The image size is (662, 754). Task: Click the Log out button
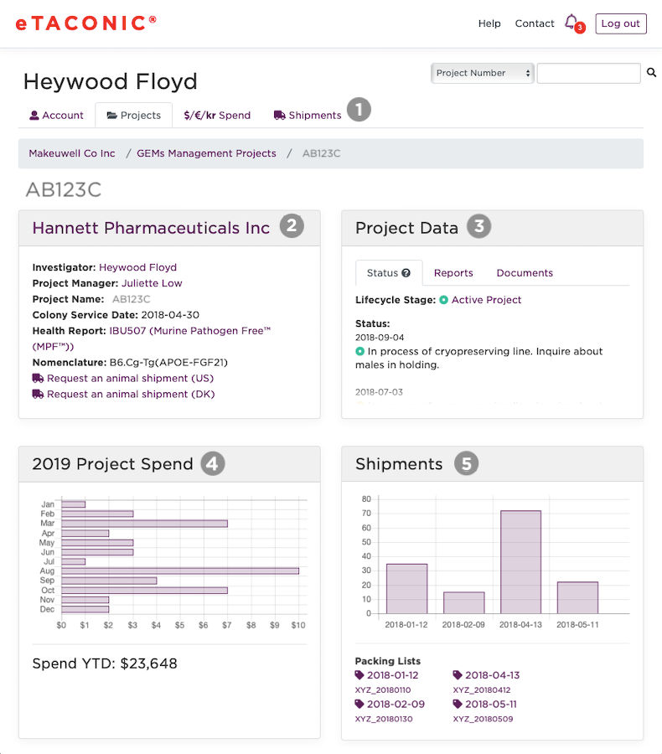(620, 23)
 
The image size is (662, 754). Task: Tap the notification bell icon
(571, 22)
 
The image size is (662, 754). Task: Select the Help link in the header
(489, 23)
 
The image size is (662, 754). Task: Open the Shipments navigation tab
(308, 116)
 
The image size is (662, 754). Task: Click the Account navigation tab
(56, 116)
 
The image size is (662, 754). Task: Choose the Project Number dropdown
(484, 73)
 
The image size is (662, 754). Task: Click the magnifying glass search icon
(652, 74)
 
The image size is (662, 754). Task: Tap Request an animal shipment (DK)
(131, 394)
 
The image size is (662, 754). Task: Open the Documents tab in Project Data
(525, 273)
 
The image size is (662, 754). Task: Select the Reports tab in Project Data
(453, 273)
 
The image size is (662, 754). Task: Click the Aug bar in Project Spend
(180, 571)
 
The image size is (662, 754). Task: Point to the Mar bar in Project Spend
(144, 524)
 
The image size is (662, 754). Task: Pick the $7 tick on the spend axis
(227, 625)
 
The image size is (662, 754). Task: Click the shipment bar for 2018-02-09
(463, 602)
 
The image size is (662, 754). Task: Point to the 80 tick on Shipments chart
(366, 498)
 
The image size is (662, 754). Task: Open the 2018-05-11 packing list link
(491, 705)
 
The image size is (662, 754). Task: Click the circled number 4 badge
(213, 463)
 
